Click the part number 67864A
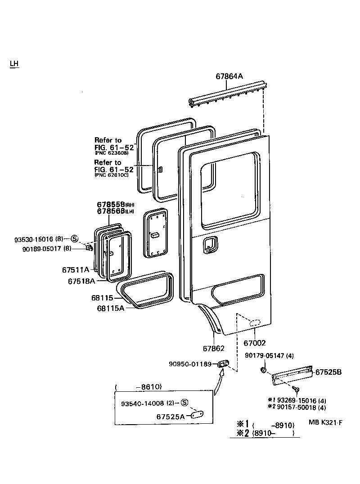(x=229, y=76)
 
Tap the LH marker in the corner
(x=14, y=63)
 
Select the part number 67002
(x=255, y=343)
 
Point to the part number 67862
(x=214, y=348)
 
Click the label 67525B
(x=328, y=372)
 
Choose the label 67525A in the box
(x=171, y=417)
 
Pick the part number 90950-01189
(x=190, y=363)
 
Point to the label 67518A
(x=81, y=281)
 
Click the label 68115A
(x=110, y=309)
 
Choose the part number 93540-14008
(x=142, y=403)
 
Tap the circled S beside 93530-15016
(x=75, y=239)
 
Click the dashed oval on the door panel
(x=255, y=322)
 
